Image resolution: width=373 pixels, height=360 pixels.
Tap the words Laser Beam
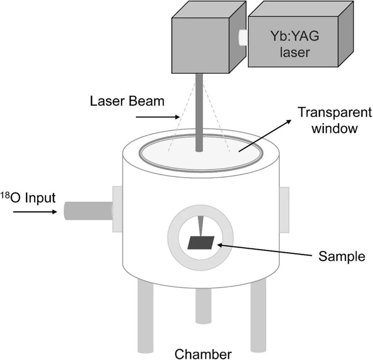(x=127, y=101)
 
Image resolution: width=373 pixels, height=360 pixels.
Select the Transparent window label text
(x=334, y=120)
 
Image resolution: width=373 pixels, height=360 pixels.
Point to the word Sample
(x=342, y=256)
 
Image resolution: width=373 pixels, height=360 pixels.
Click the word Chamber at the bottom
(x=203, y=354)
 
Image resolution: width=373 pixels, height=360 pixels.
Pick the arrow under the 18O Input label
(x=35, y=212)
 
